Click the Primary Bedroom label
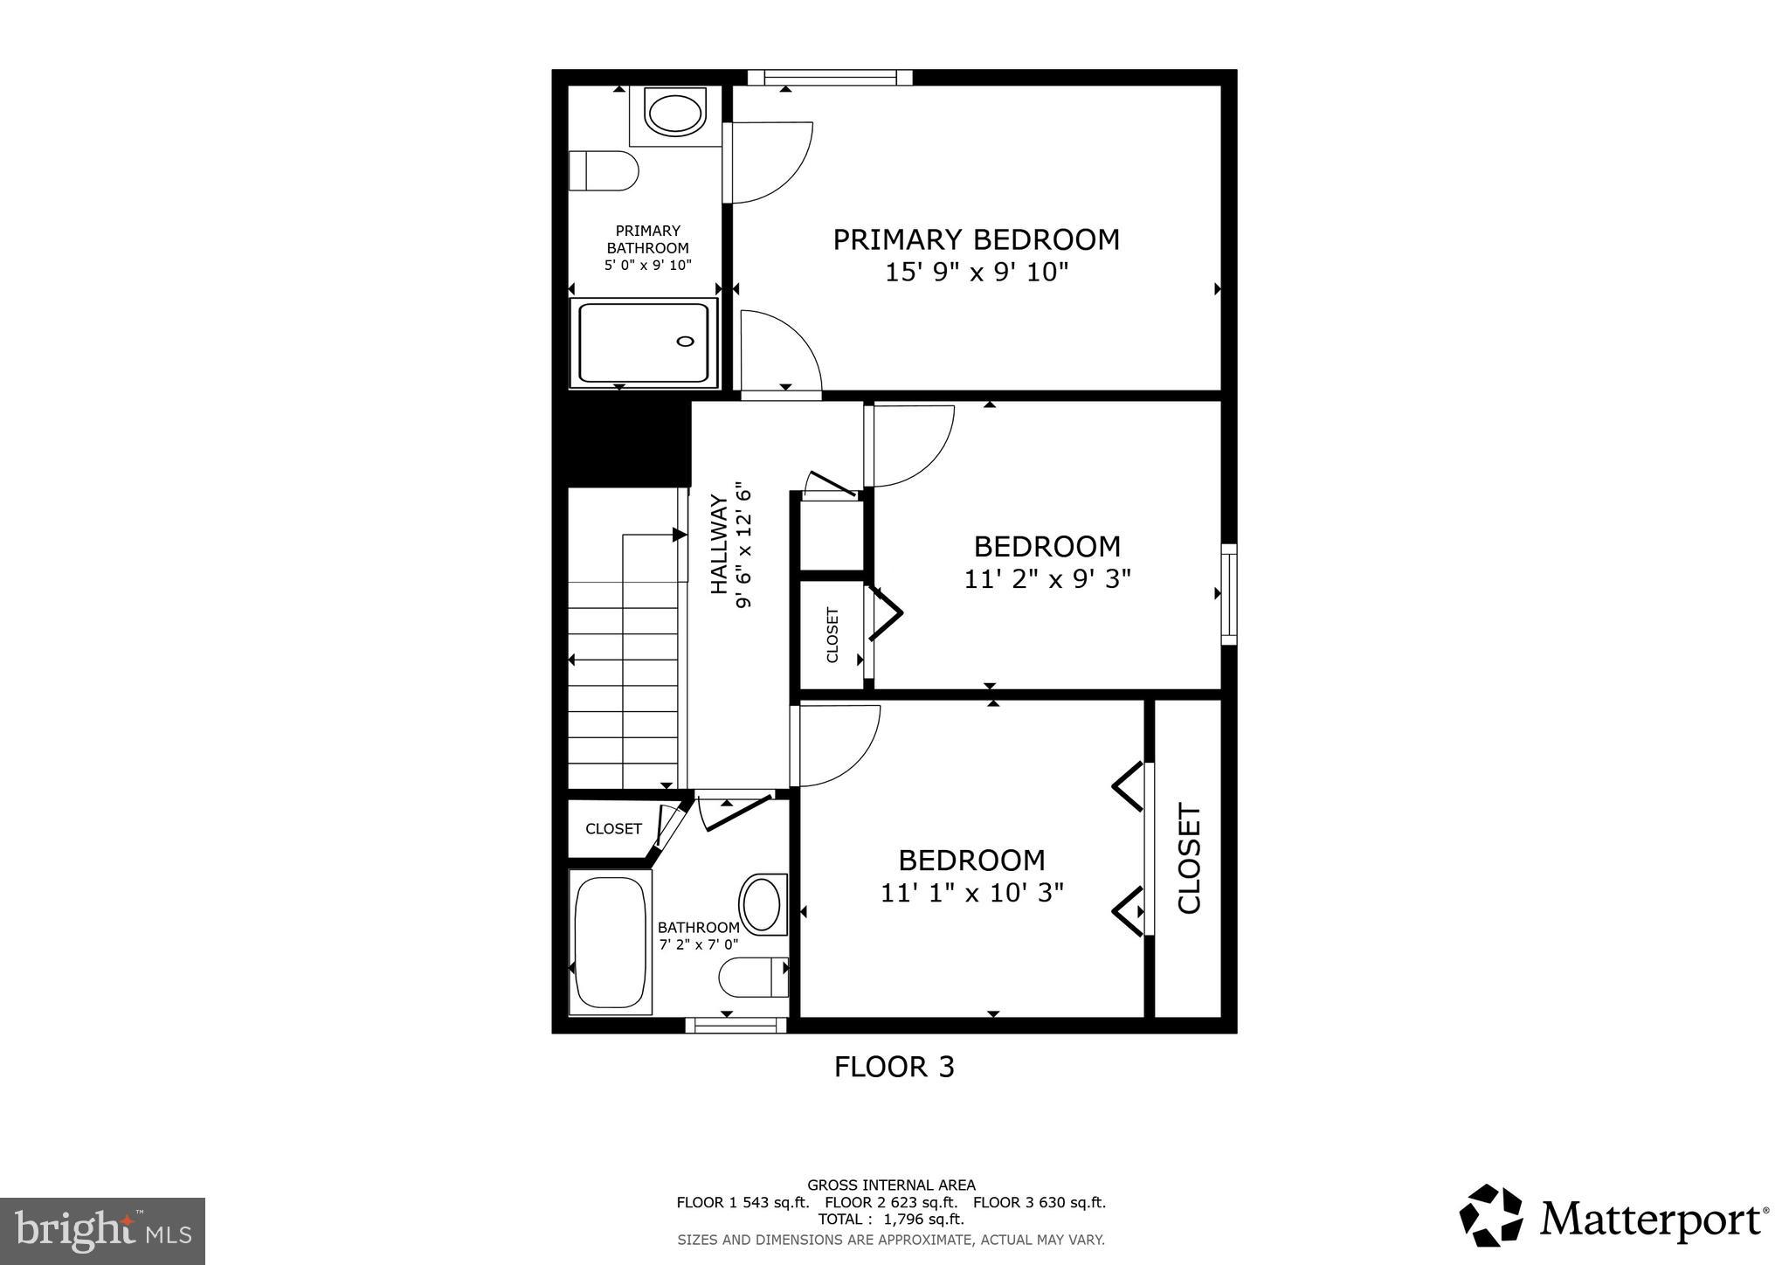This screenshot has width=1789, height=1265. [x=976, y=239]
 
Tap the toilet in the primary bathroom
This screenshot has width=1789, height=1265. [x=603, y=171]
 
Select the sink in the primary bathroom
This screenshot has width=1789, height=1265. [x=674, y=114]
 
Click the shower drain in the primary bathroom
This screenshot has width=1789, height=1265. [x=686, y=342]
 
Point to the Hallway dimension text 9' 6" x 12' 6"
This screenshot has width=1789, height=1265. [x=744, y=545]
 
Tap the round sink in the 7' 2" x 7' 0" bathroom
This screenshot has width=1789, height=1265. [x=761, y=904]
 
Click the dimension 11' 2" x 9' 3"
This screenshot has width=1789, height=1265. [x=1046, y=579]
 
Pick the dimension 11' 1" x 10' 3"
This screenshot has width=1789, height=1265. [x=971, y=893]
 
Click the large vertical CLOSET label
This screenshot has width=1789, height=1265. [x=1190, y=859]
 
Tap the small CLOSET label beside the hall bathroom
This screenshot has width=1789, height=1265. [x=613, y=829]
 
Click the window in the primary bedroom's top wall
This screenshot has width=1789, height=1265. [x=829, y=78]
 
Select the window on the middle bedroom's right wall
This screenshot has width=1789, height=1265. [x=1228, y=594]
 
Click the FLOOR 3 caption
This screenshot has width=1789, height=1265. [x=894, y=1067]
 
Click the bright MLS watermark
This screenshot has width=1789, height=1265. [x=102, y=1231]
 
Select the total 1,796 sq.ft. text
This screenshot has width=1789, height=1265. [x=891, y=1219]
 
